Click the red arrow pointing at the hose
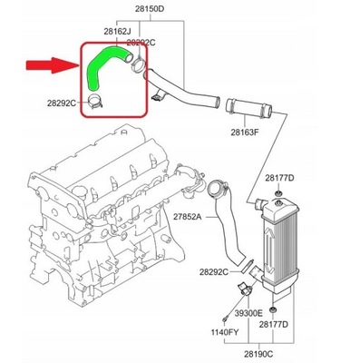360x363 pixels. (x=50, y=64)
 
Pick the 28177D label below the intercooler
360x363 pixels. (x=298, y=324)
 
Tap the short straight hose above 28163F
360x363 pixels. (x=250, y=113)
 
